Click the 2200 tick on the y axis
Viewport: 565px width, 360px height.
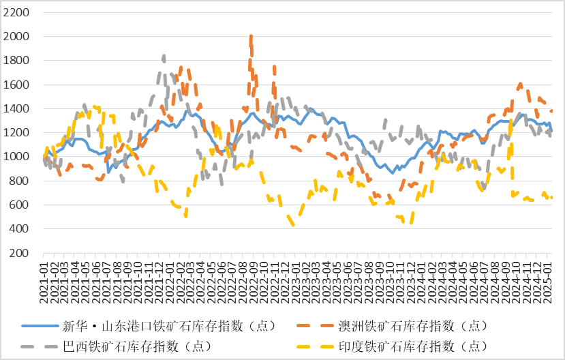(x=16, y=12)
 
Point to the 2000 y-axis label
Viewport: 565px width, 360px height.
(x=16, y=36)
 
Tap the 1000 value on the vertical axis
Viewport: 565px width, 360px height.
(x=16, y=157)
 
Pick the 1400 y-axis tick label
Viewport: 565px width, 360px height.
(x=16, y=108)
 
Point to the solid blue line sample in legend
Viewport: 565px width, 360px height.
(x=42, y=324)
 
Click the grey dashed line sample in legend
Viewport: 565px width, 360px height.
(x=42, y=347)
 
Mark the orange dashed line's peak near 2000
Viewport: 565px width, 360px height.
(x=251, y=37)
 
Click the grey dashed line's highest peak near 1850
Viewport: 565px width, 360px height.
(x=164, y=56)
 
